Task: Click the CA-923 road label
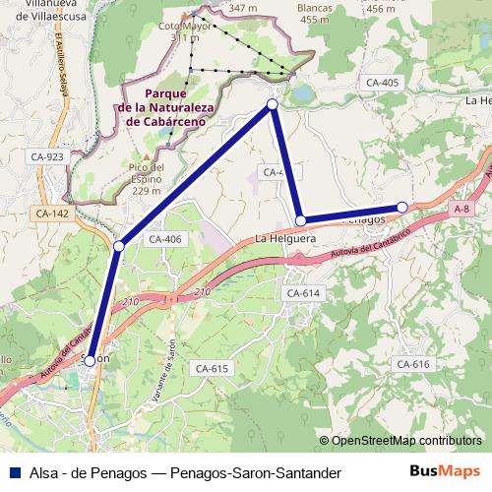(47, 156)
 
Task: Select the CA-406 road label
(165, 239)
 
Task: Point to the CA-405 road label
(380, 83)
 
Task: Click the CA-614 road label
(303, 293)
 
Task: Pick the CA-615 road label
(212, 368)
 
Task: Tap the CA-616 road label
(413, 364)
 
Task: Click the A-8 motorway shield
(462, 209)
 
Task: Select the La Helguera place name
(284, 239)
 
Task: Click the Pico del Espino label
(146, 179)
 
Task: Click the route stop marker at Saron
(90, 361)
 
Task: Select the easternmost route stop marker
(402, 207)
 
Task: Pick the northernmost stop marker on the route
(273, 103)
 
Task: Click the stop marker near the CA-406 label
(118, 245)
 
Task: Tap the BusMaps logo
(447, 471)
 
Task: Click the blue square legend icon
(15, 472)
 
